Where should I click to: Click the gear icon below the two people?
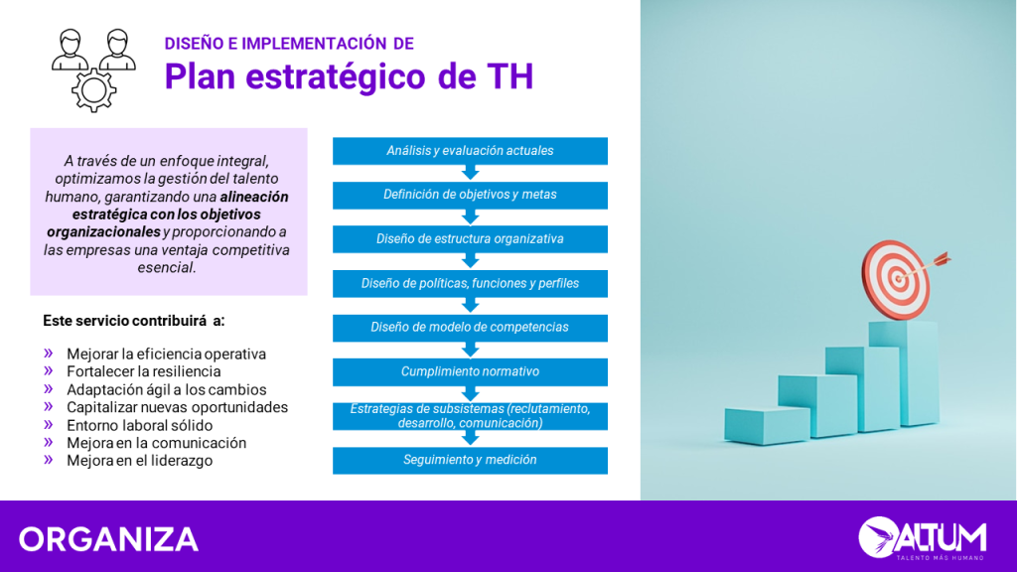pyautogui.click(x=94, y=89)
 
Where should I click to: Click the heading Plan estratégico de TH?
pyautogui.click(x=349, y=75)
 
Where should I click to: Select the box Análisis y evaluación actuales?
pyautogui.click(x=470, y=151)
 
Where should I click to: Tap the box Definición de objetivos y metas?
pyautogui.click(x=470, y=195)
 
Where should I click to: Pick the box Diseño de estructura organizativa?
pyautogui.click(x=470, y=238)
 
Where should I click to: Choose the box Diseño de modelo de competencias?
pyautogui.click(x=470, y=328)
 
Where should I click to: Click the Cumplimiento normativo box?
pyautogui.click(x=470, y=371)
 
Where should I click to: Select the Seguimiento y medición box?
pyautogui.click(x=470, y=461)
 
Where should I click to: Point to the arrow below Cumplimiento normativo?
pyautogui.click(x=470, y=393)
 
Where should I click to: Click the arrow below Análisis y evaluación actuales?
pyautogui.click(x=470, y=173)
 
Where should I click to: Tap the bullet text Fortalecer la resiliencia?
pyautogui.click(x=143, y=371)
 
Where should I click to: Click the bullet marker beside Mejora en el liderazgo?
pyautogui.click(x=49, y=460)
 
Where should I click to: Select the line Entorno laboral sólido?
pyautogui.click(x=139, y=425)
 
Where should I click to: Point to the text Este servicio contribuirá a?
pyautogui.click(x=134, y=321)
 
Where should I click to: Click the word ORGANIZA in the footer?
pyautogui.click(x=108, y=539)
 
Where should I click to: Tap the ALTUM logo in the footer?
pyautogui.click(x=923, y=537)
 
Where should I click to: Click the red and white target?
pyautogui.click(x=895, y=279)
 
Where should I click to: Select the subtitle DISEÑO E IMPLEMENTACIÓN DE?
pyautogui.click(x=289, y=44)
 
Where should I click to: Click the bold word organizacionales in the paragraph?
pyautogui.click(x=103, y=232)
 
